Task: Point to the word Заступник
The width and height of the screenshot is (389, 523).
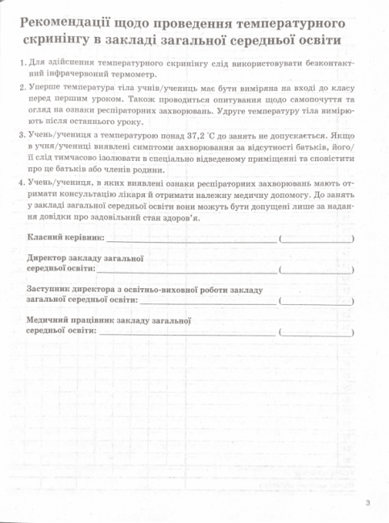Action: (x=53, y=288)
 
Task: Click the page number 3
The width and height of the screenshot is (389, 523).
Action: (x=366, y=503)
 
